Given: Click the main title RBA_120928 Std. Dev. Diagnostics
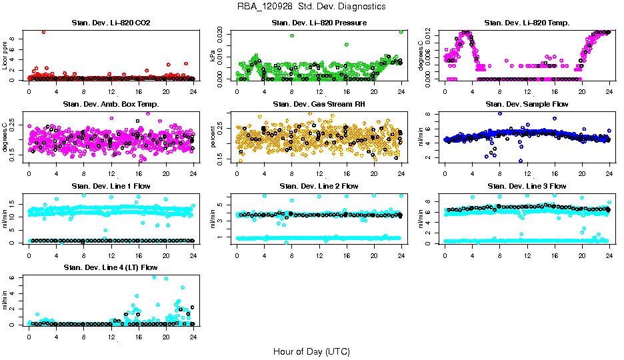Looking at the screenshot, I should tap(311, 7).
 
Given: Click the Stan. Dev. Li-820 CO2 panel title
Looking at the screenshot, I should tap(111, 23).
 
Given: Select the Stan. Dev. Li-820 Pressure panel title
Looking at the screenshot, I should tap(319, 23).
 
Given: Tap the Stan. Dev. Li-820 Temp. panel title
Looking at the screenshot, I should tap(527, 23).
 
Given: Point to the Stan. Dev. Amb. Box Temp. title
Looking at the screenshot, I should tap(111, 105).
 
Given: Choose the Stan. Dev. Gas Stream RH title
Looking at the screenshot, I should tap(319, 105).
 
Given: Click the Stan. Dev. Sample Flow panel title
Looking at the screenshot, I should tap(527, 105).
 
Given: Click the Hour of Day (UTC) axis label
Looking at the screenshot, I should tap(311, 351).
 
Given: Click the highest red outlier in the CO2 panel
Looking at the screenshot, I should tap(43, 31).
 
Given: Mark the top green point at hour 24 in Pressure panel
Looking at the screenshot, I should tap(401, 32).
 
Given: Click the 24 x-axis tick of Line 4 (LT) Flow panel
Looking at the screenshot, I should tap(193, 337).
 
